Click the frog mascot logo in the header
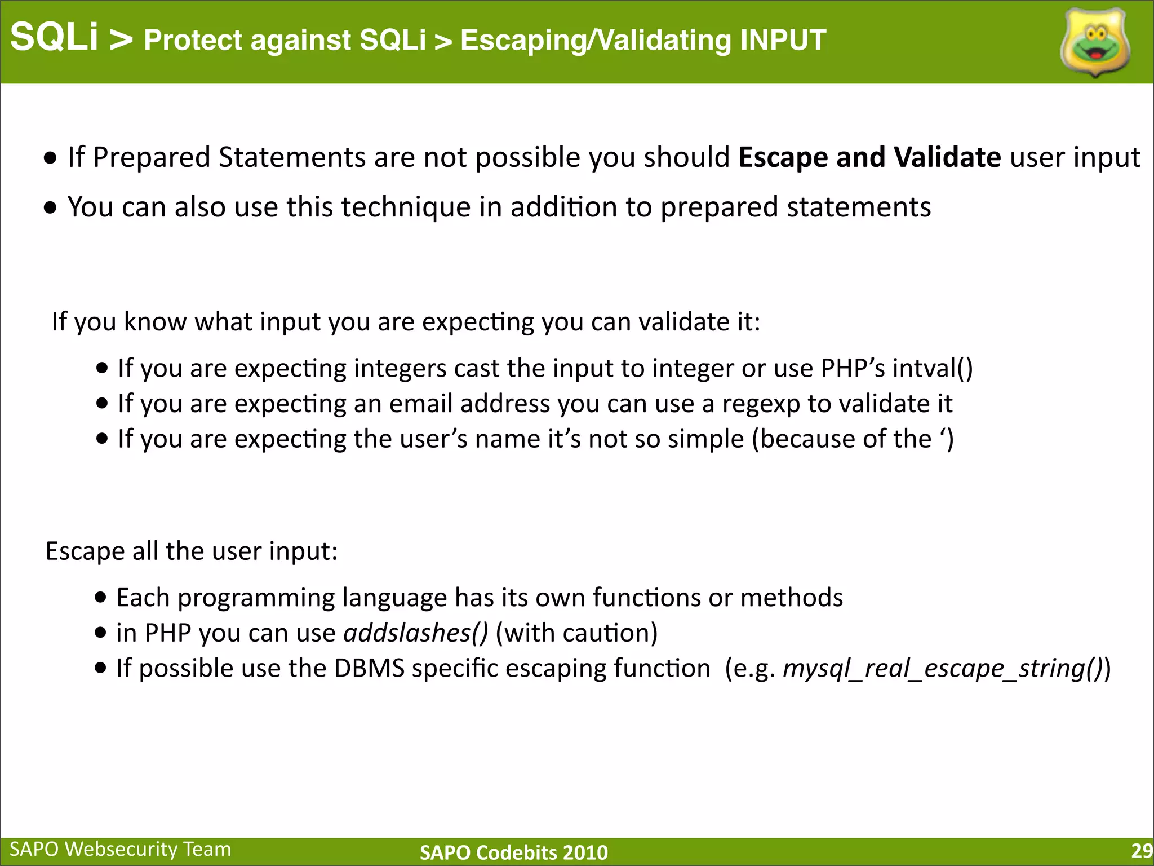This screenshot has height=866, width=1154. pos(1095,42)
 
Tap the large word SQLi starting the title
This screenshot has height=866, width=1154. pos(55,37)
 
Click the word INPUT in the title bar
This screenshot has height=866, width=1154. pos(783,40)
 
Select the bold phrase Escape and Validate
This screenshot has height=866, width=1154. pos(869,157)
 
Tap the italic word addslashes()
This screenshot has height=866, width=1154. pos(416,633)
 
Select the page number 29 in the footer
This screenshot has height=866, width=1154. pos(1141,851)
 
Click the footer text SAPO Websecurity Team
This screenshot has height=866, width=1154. pos(121,849)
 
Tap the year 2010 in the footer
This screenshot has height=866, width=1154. pos(584,852)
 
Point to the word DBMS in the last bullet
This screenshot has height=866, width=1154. pos(369,668)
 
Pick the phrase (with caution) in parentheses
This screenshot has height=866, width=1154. pos(576,633)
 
